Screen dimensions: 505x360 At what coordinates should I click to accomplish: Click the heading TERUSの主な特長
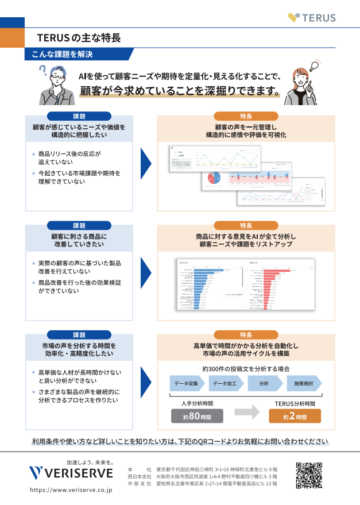79,38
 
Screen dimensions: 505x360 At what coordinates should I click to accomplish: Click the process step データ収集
187,383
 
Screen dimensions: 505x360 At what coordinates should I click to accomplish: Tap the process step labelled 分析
264,383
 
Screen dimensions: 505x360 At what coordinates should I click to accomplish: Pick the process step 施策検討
303,383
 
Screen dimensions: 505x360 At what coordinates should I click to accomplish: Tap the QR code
309,475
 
